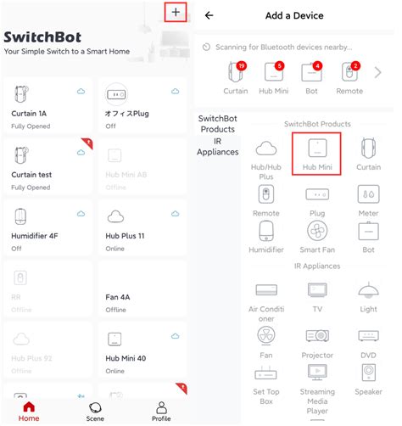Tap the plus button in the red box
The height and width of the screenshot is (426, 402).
[x=176, y=13]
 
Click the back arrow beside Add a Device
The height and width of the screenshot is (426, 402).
[x=209, y=15]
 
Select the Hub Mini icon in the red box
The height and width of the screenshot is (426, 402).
[x=315, y=152]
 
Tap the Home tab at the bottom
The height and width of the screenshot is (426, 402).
[x=29, y=411]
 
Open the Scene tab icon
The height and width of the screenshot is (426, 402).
[x=95, y=408]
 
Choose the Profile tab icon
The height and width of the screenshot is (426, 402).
[x=160, y=408]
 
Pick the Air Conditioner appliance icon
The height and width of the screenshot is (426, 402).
[x=266, y=289]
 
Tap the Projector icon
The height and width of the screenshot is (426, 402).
[x=316, y=336]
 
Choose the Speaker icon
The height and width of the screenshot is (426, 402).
[x=368, y=373]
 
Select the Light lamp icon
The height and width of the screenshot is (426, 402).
[x=368, y=291]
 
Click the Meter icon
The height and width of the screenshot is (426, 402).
[x=368, y=194]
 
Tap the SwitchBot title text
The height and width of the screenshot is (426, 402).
[x=42, y=37]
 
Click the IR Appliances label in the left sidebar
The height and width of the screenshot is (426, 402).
[x=218, y=146]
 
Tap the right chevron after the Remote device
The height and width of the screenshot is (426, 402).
[x=377, y=72]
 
